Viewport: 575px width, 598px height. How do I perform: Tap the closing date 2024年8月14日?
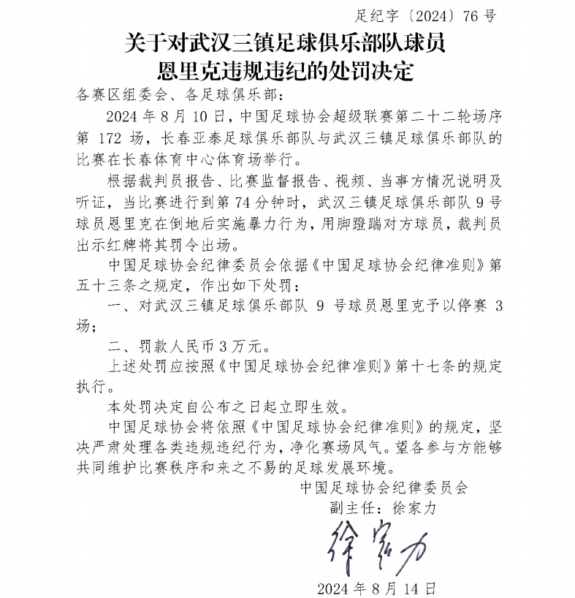coord(377,588)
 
